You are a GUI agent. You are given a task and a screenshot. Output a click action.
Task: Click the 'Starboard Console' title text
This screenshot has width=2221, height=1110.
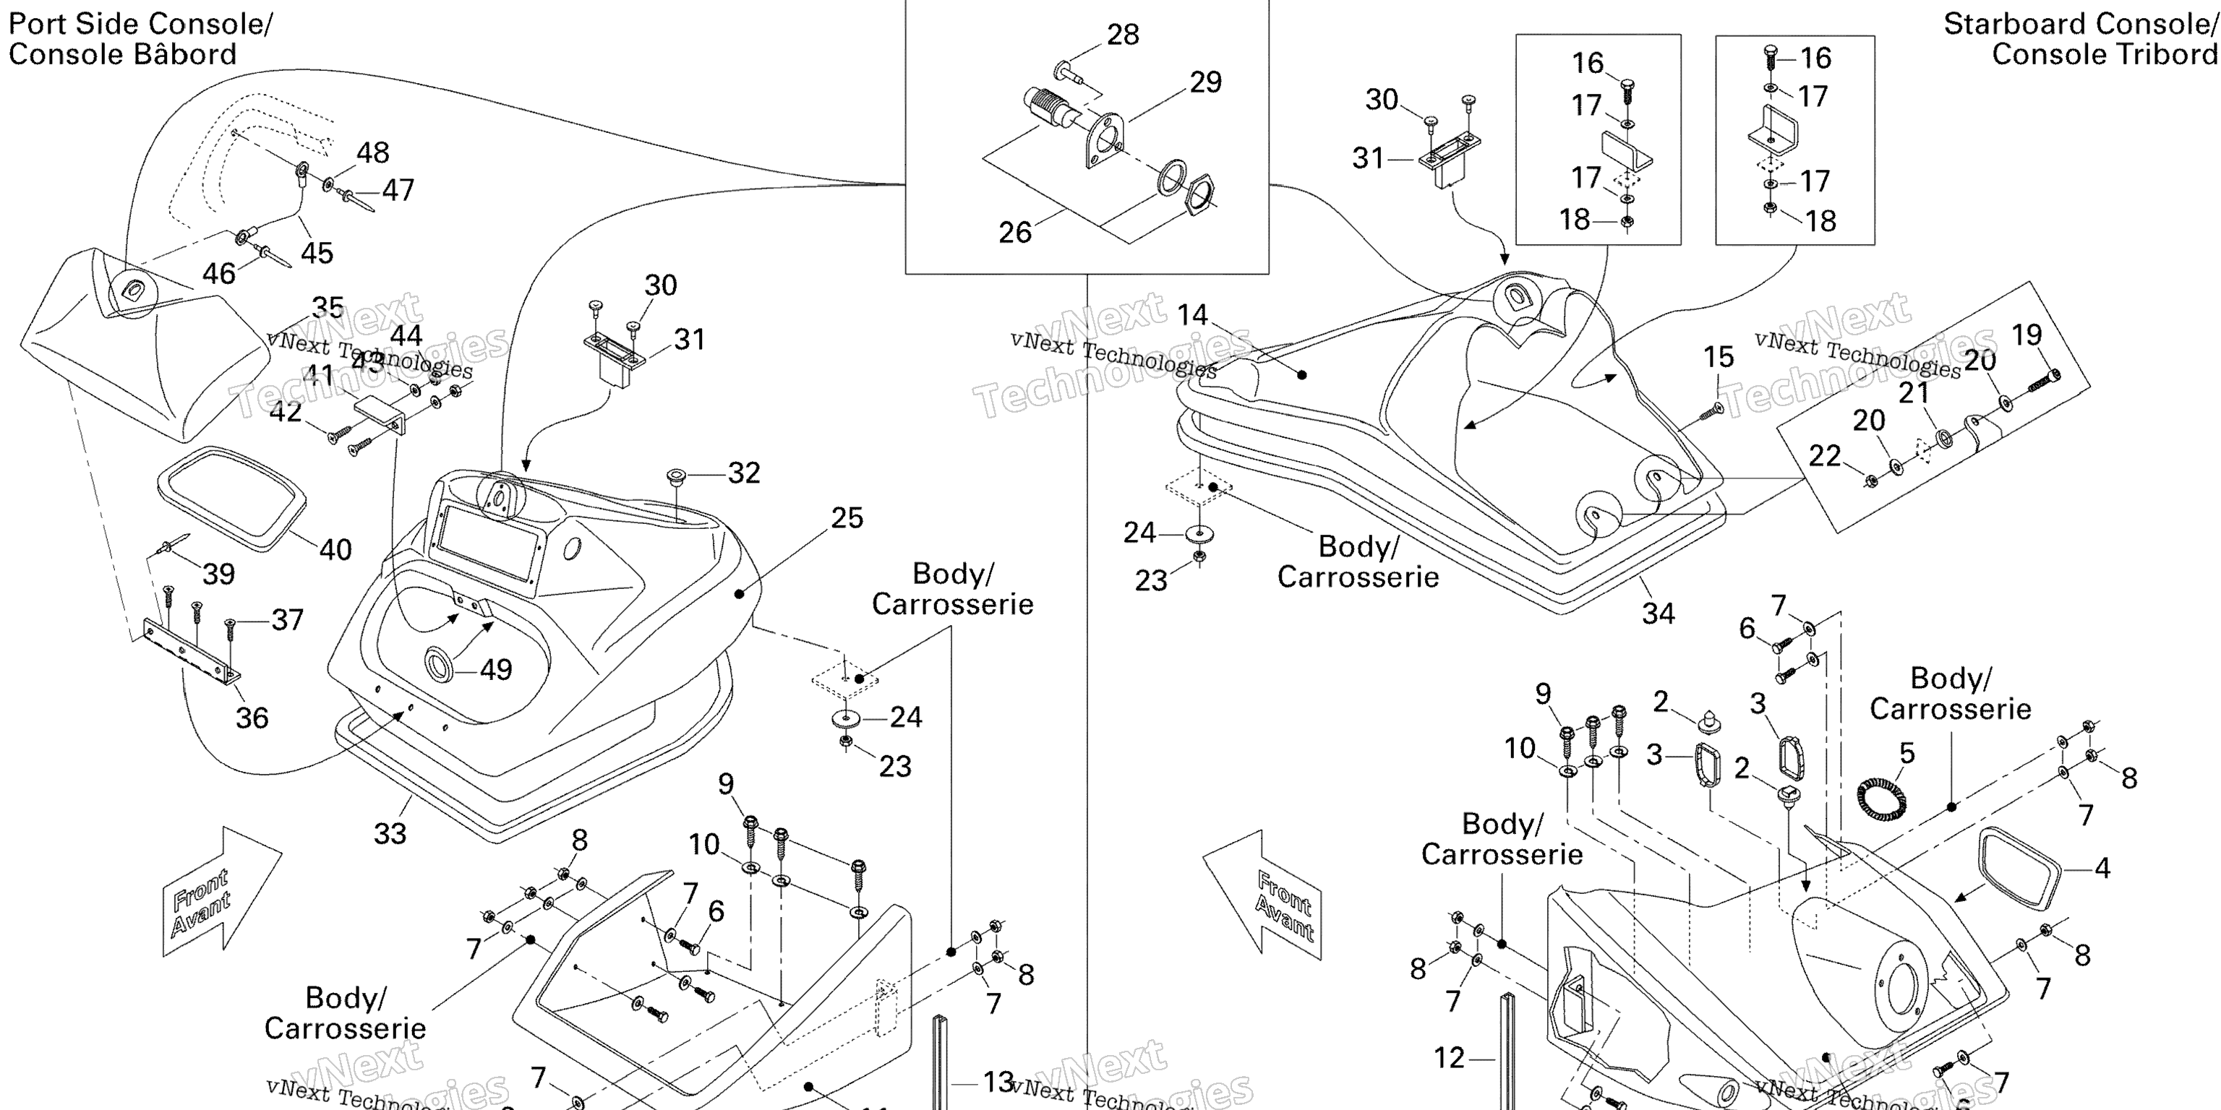click(2078, 24)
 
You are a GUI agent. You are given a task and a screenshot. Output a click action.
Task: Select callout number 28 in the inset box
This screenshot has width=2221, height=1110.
click(1123, 35)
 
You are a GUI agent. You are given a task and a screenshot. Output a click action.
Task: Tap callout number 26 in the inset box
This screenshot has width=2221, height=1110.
click(1015, 232)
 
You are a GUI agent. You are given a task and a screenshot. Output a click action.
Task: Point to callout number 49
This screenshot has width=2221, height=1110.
click(496, 670)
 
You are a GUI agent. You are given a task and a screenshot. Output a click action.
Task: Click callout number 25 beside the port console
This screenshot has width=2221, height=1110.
click(847, 518)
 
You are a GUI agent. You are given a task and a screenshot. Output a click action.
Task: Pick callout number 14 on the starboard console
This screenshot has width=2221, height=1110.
click(1192, 315)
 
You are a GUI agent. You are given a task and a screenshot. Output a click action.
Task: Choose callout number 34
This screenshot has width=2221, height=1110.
click(1658, 614)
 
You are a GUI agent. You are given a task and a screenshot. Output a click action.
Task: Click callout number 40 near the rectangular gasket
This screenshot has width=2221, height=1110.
click(335, 550)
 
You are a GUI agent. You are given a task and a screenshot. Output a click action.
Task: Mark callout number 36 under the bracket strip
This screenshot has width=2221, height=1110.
click(252, 717)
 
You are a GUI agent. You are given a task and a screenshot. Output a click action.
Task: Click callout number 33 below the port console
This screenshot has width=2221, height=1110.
click(390, 833)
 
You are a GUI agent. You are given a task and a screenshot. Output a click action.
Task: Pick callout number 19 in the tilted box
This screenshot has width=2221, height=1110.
click(2026, 335)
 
